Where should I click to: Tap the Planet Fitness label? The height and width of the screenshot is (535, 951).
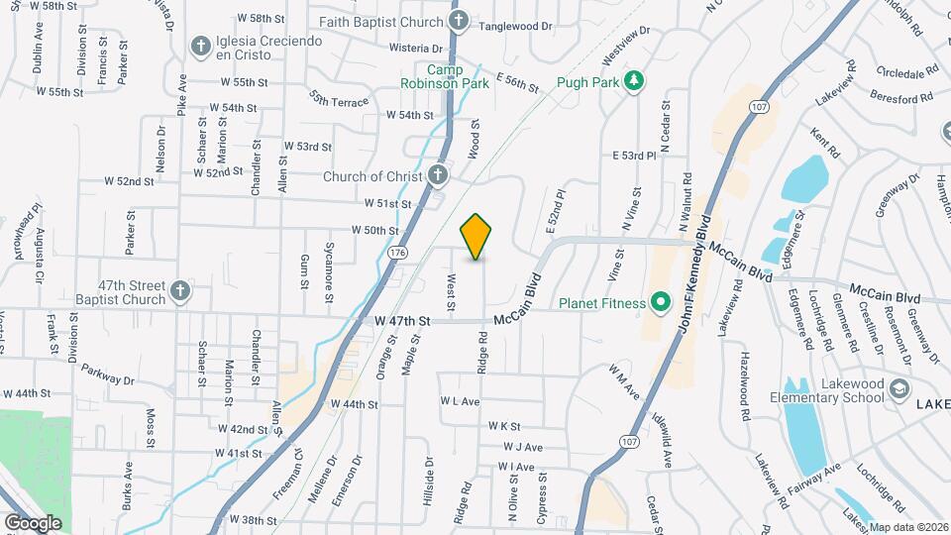pyautogui.click(x=601, y=303)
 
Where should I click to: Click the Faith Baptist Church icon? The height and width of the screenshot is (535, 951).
pyautogui.click(x=458, y=20)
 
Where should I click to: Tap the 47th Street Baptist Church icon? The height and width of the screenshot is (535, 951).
pyautogui.click(x=179, y=290)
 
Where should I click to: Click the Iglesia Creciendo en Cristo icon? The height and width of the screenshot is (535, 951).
pyautogui.click(x=200, y=46)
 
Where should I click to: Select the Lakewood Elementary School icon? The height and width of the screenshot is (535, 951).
pyautogui.click(x=899, y=388)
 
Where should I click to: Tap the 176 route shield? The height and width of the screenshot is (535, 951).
pyautogui.click(x=397, y=254)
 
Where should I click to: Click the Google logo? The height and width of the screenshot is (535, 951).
pyautogui.click(x=32, y=522)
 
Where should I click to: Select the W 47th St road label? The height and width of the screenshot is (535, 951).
pyautogui.click(x=403, y=322)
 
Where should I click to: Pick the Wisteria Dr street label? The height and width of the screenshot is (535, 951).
pyautogui.click(x=417, y=48)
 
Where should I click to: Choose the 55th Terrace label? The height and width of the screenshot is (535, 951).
pyautogui.click(x=338, y=99)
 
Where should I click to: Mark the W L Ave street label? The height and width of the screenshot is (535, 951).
pyautogui.click(x=460, y=402)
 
